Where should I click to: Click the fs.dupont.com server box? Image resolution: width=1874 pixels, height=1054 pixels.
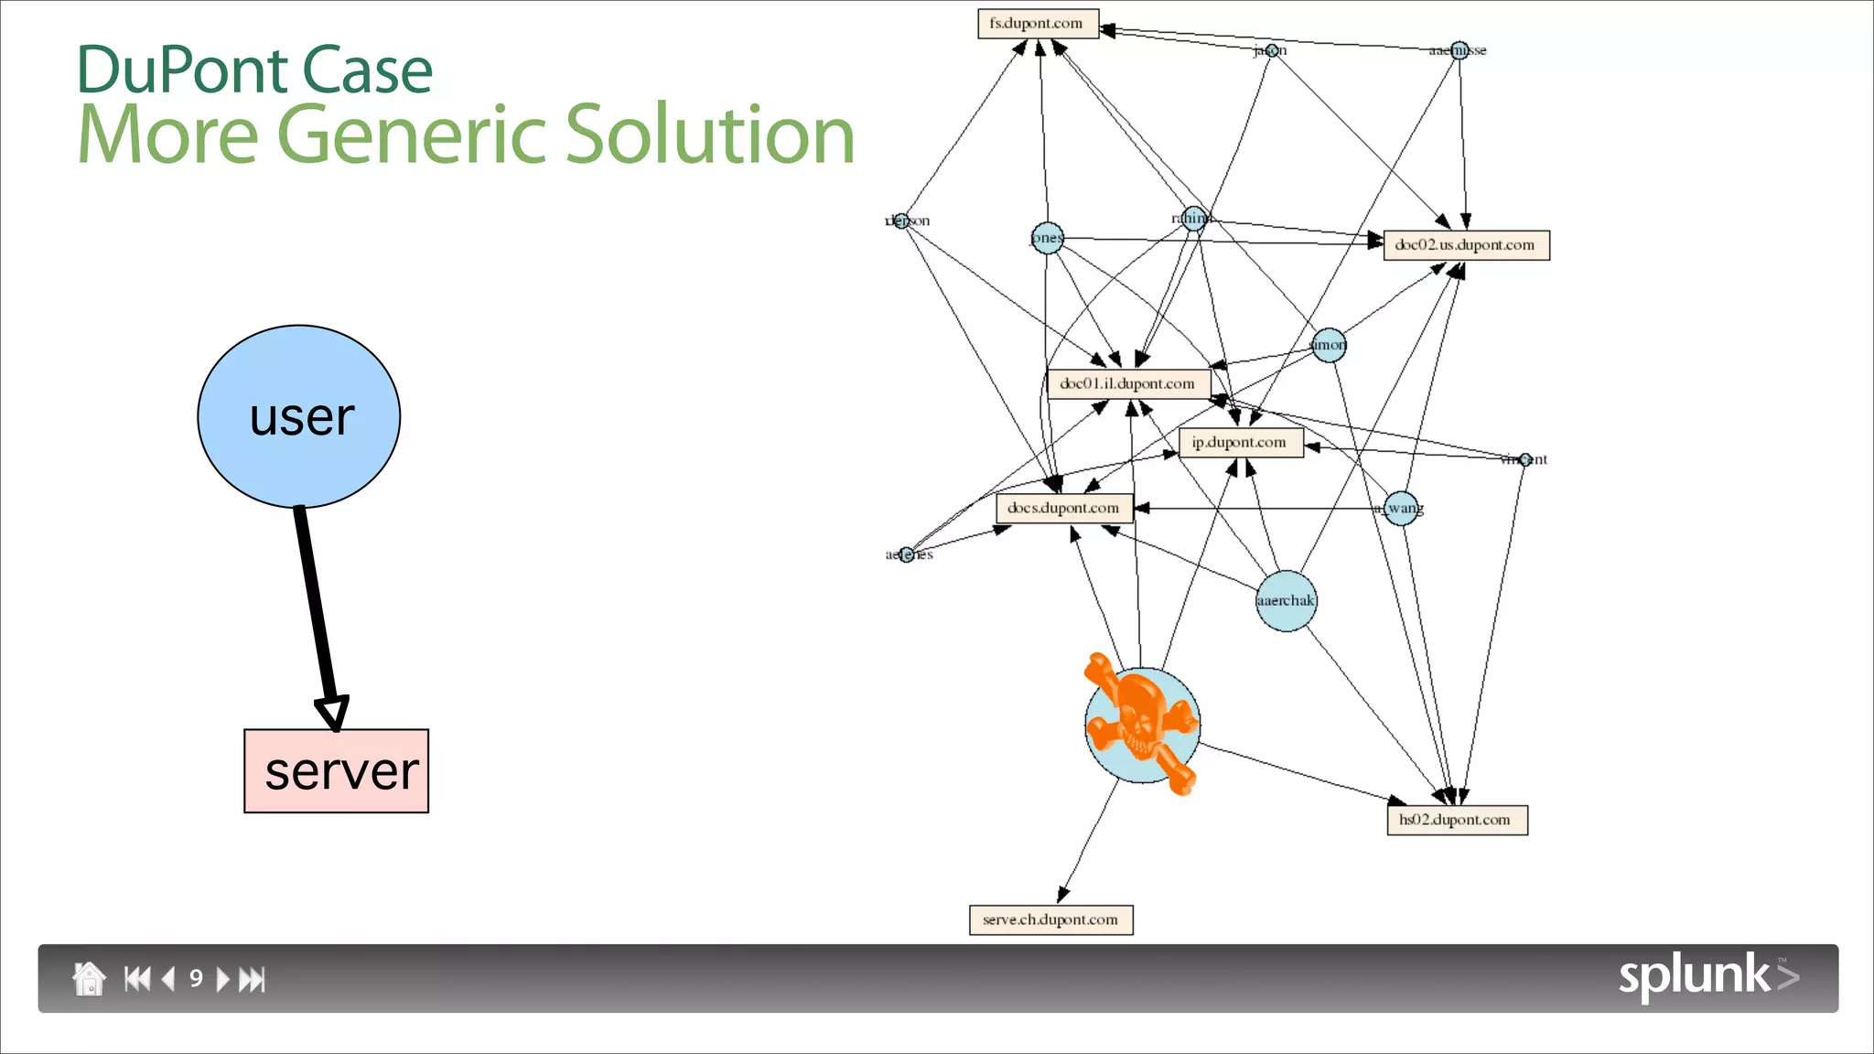click(1038, 24)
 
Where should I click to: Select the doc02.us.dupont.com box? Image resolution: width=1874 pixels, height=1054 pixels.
click(1466, 245)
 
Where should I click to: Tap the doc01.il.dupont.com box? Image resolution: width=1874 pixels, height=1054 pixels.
click(1128, 384)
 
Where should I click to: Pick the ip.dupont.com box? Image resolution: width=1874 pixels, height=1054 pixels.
click(1240, 443)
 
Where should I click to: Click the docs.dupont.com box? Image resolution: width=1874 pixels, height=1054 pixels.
click(1064, 509)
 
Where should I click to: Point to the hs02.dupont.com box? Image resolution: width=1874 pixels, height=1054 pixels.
click(1457, 820)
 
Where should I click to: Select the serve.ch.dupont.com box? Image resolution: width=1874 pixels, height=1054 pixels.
click(1050, 920)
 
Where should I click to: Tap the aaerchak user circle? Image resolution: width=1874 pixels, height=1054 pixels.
click(1286, 601)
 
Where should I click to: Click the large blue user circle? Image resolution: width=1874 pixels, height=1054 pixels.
click(299, 416)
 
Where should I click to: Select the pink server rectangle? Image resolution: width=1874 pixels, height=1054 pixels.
click(336, 771)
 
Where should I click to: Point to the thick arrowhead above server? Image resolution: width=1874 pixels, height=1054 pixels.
click(332, 712)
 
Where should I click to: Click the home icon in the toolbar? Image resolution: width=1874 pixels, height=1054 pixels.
click(89, 979)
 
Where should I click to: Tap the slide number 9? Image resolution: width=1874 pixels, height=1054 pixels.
click(196, 979)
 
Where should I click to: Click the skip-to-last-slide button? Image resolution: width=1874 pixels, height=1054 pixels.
click(252, 980)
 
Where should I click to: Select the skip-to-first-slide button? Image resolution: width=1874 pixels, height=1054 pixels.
click(137, 979)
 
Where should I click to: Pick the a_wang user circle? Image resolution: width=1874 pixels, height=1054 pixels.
click(1401, 508)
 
